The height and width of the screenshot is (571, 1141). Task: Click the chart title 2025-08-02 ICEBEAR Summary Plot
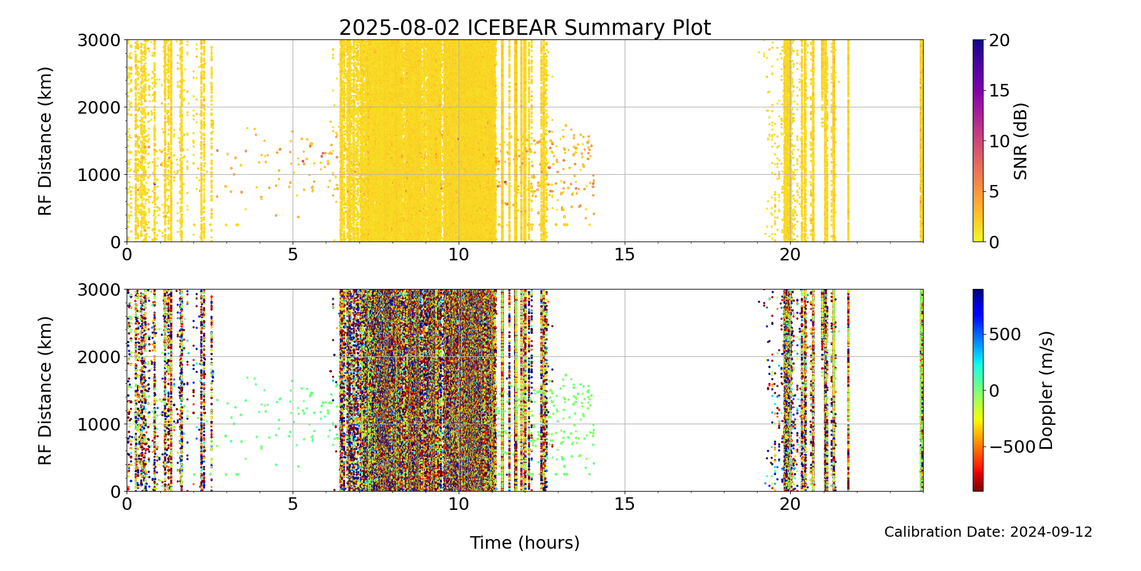pyautogui.click(x=525, y=27)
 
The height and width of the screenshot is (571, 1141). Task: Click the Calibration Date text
pyautogui.click(x=988, y=532)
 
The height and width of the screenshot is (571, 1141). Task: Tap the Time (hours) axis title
pyautogui.click(x=525, y=543)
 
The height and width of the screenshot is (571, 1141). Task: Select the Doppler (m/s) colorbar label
pyautogui.click(x=1046, y=391)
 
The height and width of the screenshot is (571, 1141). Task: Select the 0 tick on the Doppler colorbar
pyautogui.click(x=994, y=391)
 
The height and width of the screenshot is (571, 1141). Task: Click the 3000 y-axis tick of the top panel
pyautogui.click(x=99, y=41)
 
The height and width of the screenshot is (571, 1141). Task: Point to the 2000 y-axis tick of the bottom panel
pyautogui.click(x=99, y=357)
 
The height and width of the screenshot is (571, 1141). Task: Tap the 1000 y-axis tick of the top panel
pyautogui.click(x=99, y=175)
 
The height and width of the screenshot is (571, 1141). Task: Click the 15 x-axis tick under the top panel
pyautogui.click(x=625, y=254)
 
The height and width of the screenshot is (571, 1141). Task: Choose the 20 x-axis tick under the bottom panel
pyautogui.click(x=790, y=504)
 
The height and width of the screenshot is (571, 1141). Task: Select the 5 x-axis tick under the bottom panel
pyautogui.click(x=293, y=504)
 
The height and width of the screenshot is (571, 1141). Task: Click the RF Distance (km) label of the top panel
pyautogui.click(x=45, y=141)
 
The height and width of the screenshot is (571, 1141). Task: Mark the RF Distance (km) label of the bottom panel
pyautogui.click(x=45, y=391)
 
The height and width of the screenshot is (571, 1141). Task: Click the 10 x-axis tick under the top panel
pyautogui.click(x=459, y=254)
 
